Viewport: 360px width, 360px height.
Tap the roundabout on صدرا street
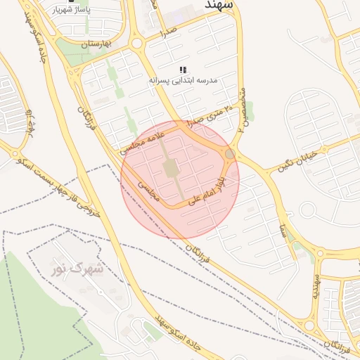137,44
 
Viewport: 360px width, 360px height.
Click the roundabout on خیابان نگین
307,209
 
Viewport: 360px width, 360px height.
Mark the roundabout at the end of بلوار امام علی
229,153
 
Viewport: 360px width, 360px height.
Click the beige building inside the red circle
171,168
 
